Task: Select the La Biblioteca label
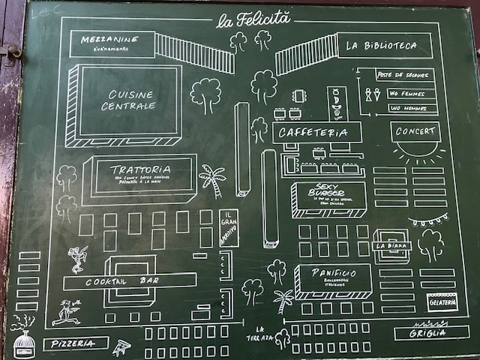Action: click(x=381, y=46)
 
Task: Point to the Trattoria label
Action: click(x=140, y=170)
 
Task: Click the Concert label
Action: click(x=415, y=132)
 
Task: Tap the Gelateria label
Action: click(x=441, y=301)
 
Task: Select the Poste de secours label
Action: click(x=403, y=76)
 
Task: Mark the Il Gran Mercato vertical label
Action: click(x=227, y=229)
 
